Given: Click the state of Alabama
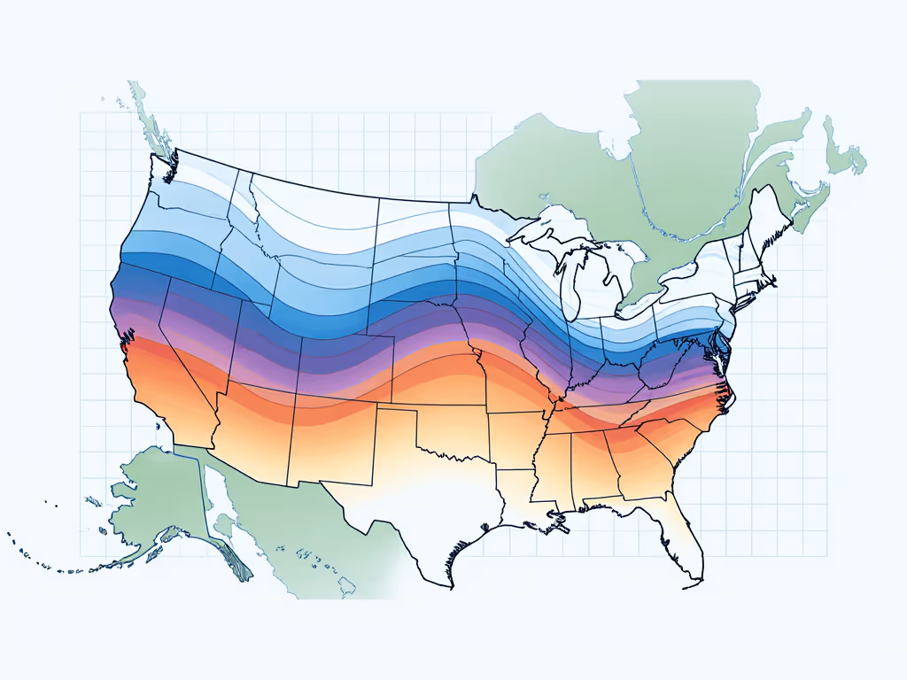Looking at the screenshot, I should pyautogui.click(x=589, y=469).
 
